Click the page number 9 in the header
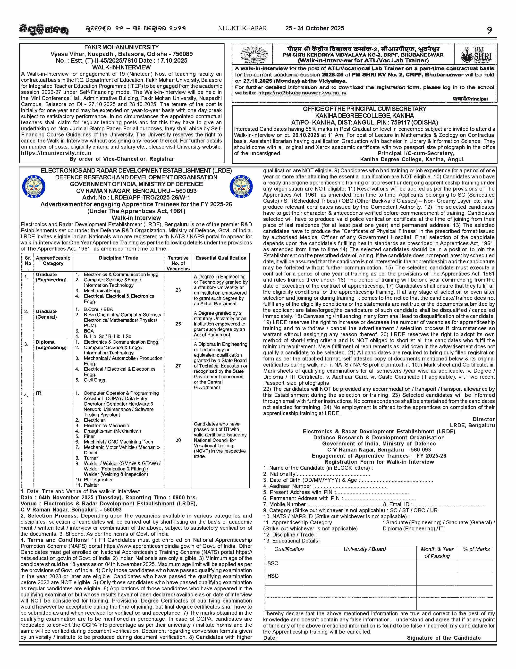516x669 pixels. (490, 30)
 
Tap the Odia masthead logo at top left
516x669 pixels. (43, 29)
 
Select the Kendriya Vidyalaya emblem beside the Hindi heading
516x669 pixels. (253, 54)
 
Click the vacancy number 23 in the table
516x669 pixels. (178, 290)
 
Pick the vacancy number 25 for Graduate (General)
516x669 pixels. (178, 324)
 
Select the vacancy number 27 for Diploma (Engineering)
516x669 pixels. (178, 366)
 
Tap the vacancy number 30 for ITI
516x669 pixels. (178, 440)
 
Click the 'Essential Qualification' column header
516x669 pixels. (221, 258)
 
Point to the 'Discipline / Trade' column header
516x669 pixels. (118, 258)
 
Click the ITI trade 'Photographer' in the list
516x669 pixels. (98, 480)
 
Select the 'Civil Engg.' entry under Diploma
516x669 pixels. (95, 380)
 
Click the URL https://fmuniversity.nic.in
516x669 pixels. (56, 153)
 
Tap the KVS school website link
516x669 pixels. (302, 93)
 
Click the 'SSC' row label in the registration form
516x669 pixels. (273, 564)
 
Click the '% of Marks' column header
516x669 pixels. (476, 549)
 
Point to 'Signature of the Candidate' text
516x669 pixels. (444, 638)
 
